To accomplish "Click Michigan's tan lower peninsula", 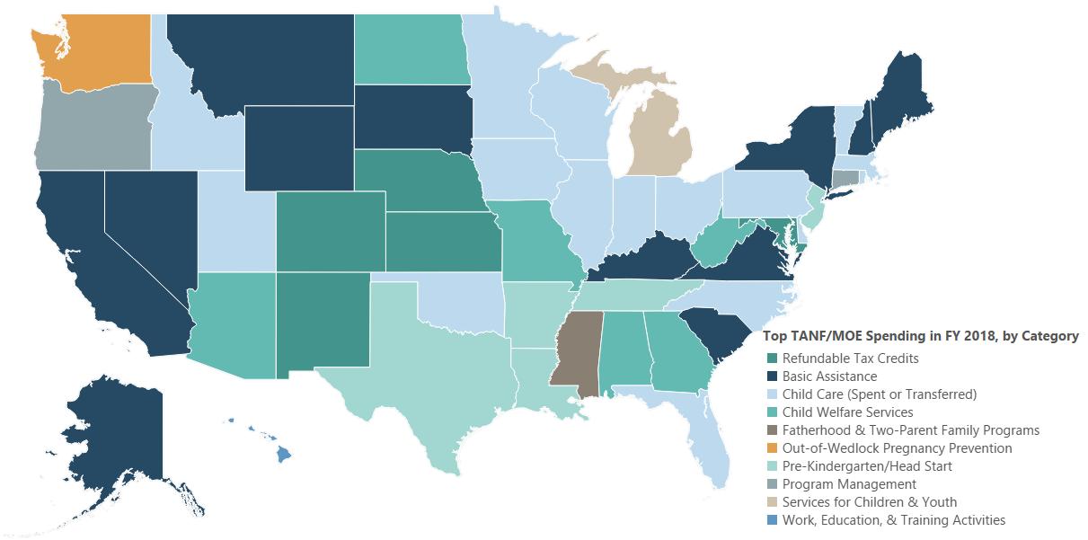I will pyautogui.click(x=660, y=135).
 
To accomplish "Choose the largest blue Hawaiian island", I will pyautogui.click(x=283, y=454).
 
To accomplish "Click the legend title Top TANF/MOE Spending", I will pyautogui.click(x=920, y=336).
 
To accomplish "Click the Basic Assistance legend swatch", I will pyautogui.click(x=772, y=376).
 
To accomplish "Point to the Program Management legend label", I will pyautogui.click(x=836, y=484).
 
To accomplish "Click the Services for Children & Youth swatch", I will pyautogui.click(x=772, y=502).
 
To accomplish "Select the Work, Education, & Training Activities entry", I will pyautogui.click(x=893, y=520).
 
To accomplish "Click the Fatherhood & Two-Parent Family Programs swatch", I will pyautogui.click(x=772, y=430).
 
